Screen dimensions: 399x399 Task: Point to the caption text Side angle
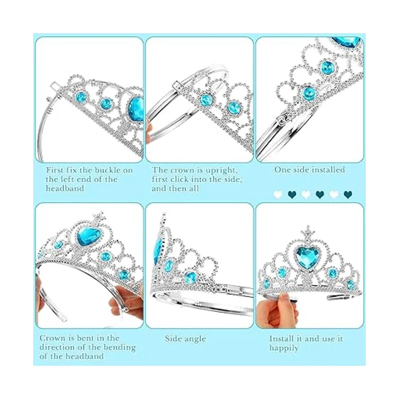click(185, 339)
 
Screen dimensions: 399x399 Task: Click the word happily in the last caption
click(284, 348)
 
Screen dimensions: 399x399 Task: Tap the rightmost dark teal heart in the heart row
click(348, 195)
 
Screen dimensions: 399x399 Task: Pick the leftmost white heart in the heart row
click(278, 195)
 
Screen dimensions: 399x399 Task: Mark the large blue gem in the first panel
click(136, 109)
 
